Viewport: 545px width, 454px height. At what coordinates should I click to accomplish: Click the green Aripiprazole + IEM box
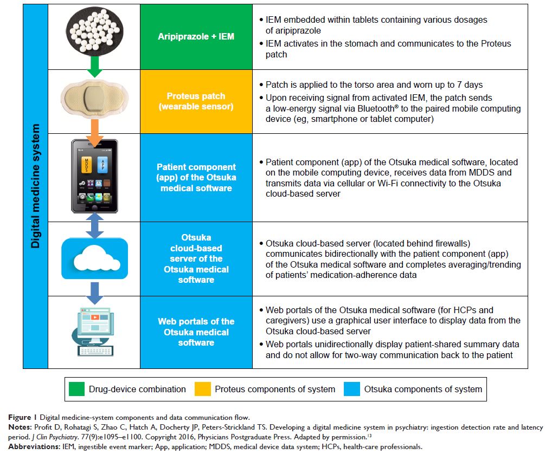(x=196, y=37)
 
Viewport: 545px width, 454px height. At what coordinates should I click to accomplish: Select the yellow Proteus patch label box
(x=196, y=101)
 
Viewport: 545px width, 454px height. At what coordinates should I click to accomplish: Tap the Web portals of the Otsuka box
(x=196, y=332)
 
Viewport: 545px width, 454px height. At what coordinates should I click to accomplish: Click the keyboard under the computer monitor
(x=93, y=350)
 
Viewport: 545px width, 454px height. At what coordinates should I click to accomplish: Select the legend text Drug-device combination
(x=136, y=389)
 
